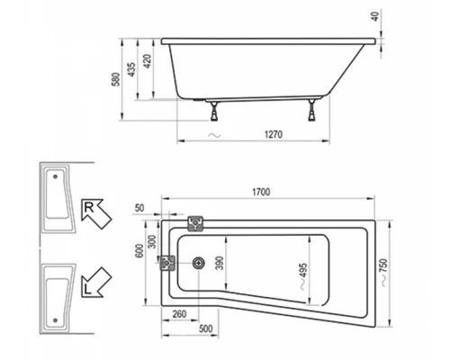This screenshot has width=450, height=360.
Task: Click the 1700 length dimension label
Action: [261, 192]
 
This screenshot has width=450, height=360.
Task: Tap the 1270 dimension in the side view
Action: [274, 134]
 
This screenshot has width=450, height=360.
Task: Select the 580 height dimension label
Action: [116, 79]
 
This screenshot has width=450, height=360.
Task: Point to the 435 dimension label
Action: [131, 69]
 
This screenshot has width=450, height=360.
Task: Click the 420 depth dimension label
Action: [148, 61]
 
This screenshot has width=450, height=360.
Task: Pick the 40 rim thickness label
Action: [375, 15]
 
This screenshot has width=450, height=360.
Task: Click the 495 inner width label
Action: [303, 274]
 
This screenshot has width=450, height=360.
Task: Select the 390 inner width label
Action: [220, 263]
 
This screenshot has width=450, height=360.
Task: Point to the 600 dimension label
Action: [139, 251]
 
